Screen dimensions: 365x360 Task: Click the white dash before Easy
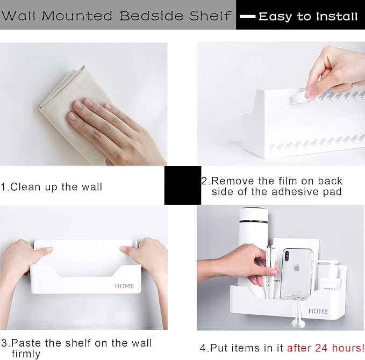click(248, 17)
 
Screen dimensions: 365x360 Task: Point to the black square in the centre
click(183, 185)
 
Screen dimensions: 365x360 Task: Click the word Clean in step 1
click(25, 187)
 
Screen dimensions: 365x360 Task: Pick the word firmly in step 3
click(26, 354)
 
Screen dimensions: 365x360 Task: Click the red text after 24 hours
click(325, 348)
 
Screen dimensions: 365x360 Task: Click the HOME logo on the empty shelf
click(125, 286)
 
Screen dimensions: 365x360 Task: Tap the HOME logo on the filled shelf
click(318, 311)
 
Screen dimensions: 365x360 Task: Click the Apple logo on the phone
click(296, 268)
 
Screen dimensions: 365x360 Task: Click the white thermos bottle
click(253, 247)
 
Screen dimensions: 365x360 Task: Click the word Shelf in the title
click(210, 16)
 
